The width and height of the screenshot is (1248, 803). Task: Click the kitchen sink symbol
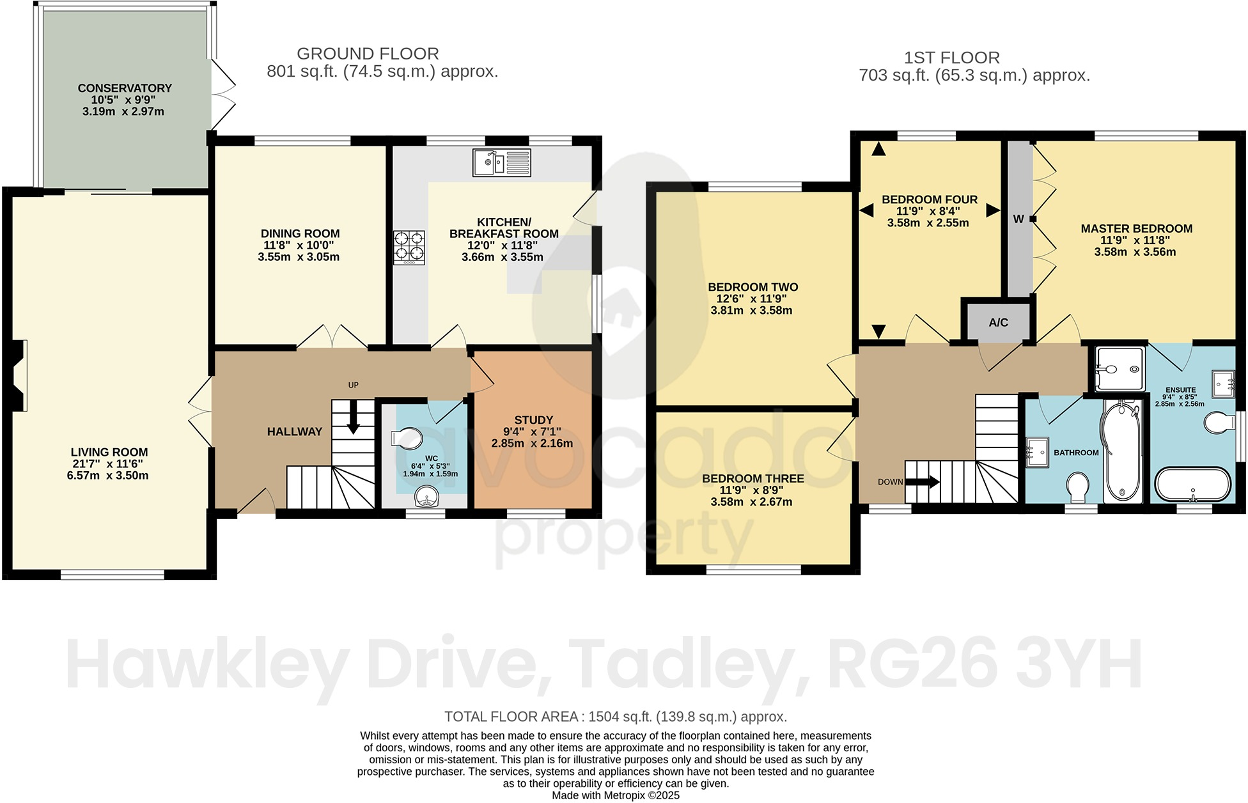502,162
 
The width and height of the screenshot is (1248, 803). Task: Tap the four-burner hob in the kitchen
409,247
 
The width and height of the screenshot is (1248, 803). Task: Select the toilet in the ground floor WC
407,439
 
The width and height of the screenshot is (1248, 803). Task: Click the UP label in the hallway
353,385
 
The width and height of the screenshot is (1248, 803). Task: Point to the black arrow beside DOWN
922,481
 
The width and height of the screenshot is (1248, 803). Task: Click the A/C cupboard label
998,322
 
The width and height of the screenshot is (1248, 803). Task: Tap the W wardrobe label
1018,219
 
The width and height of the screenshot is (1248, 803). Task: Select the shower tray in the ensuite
1119,369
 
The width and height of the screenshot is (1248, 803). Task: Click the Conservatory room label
125,88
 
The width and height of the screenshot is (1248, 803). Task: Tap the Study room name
533,420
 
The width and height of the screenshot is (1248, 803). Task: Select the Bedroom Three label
753,478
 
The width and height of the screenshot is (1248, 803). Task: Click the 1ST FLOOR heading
951,58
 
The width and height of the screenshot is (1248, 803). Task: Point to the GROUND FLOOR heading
368,54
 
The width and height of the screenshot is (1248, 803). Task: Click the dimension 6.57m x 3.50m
107,476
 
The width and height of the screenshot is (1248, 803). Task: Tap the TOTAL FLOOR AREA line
615,717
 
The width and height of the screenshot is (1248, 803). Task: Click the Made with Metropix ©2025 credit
615,795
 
